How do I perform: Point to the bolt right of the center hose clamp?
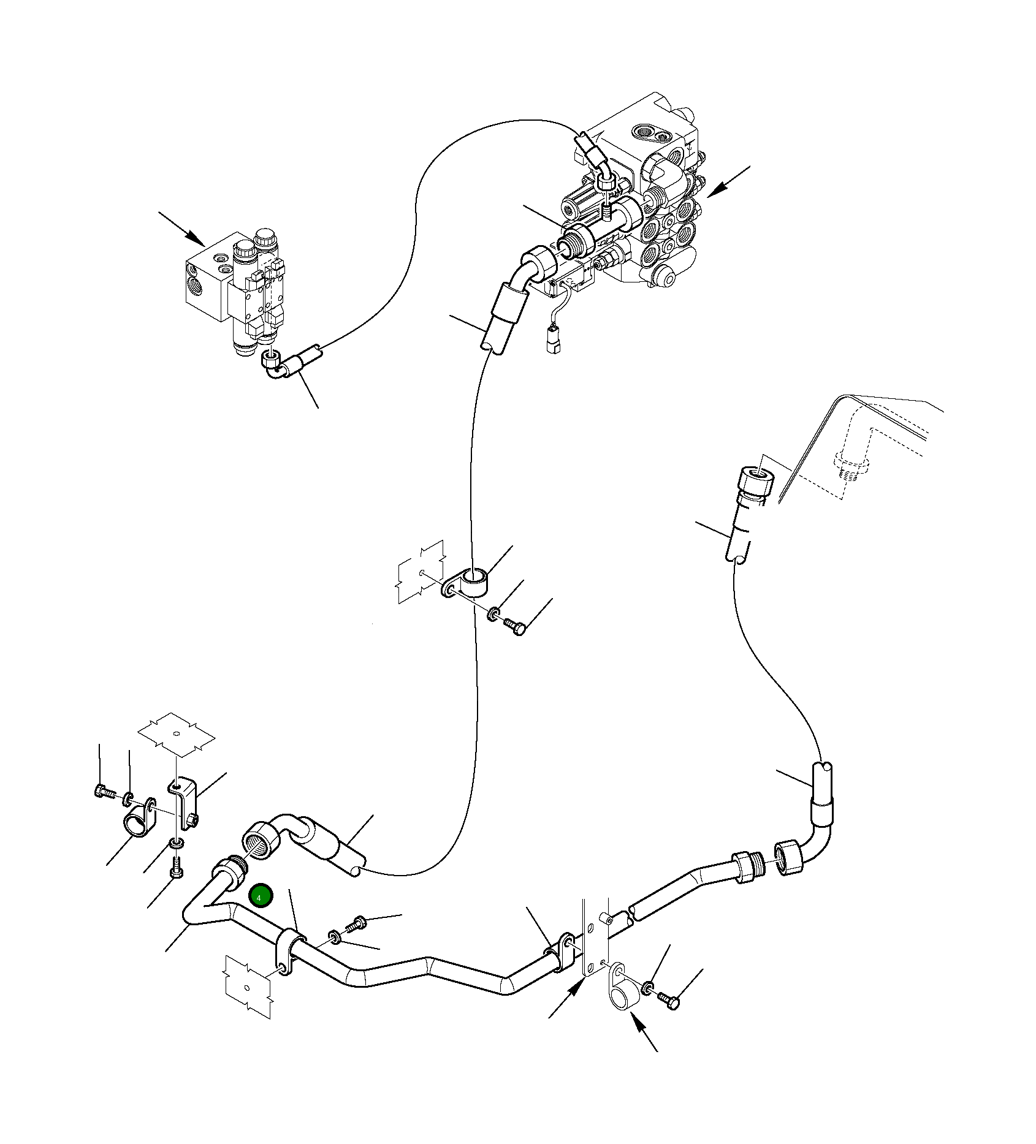(x=514, y=627)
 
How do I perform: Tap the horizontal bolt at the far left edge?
(x=102, y=792)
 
